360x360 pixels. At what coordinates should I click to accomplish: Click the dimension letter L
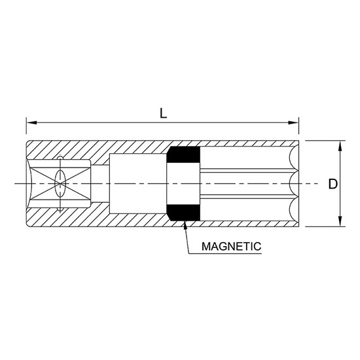pos(163,112)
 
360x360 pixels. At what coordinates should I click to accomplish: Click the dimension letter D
pos(333,185)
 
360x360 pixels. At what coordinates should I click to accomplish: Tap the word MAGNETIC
pos(231,247)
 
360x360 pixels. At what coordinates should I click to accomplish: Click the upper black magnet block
pos(183,155)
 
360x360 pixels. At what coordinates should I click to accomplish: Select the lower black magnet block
pos(183,213)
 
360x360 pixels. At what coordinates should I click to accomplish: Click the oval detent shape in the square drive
pos(60,184)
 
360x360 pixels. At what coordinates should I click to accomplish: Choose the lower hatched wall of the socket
pos(131,221)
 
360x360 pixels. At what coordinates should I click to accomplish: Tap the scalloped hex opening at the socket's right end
pos(292,184)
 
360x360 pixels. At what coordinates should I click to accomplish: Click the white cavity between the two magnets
pos(183,184)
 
